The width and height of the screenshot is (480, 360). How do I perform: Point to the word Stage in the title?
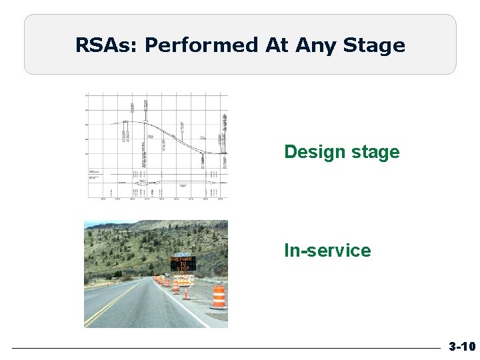point(374,45)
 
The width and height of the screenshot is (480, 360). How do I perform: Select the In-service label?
point(327,251)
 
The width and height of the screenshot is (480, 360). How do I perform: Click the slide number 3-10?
point(461,347)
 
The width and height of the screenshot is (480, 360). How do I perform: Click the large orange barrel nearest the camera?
point(218,297)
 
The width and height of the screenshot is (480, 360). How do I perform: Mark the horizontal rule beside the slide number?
point(227,348)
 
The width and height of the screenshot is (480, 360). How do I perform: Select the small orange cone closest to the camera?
point(186,294)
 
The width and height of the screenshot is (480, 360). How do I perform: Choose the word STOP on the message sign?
point(183,268)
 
